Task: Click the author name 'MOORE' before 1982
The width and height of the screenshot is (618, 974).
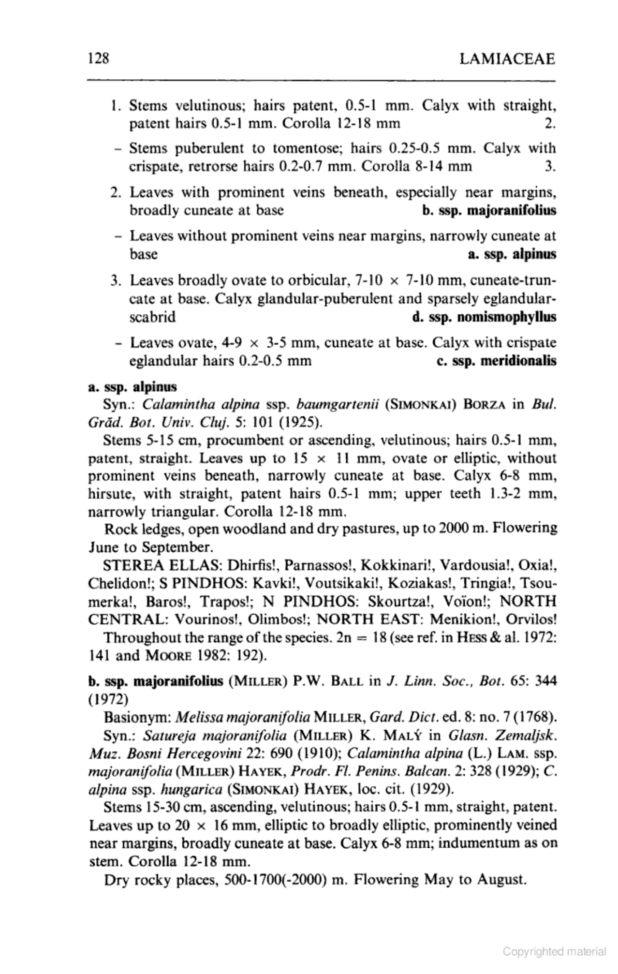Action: coord(170,656)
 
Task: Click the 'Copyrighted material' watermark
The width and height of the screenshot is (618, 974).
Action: coord(554,952)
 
